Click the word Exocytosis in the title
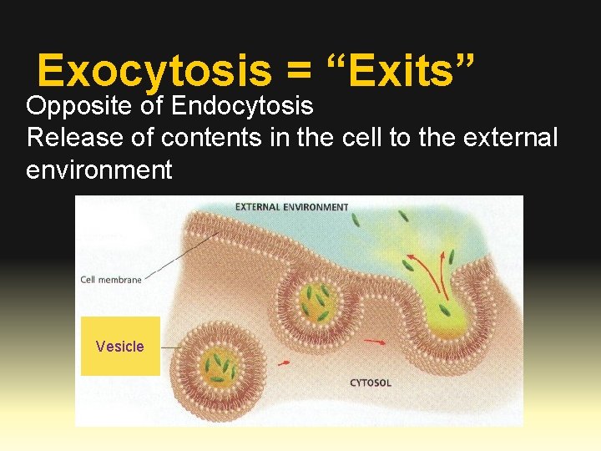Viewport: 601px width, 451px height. coord(154,71)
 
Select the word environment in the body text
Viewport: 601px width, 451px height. coord(99,170)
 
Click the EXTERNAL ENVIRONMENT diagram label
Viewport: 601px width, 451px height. coord(291,206)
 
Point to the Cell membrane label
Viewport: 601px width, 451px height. coord(111,280)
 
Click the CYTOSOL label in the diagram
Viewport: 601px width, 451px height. coord(371,383)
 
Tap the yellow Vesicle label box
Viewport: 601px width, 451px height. coord(120,346)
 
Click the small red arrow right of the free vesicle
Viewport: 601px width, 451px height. coord(284,362)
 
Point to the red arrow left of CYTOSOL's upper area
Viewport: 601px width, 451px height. coord(374,342)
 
